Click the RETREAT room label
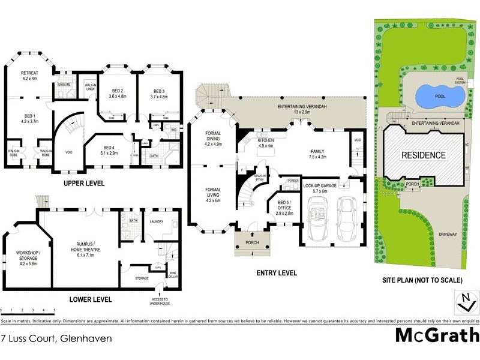(30, 75)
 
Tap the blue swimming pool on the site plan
(440, 95)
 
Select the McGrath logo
(437, 335)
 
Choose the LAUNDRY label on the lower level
(157, 221)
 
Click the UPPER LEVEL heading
(85, 182)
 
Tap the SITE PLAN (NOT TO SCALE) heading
(422, 280)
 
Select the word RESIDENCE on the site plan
(424, 155)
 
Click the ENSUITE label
(64, 85)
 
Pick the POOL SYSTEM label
(461, 80)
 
